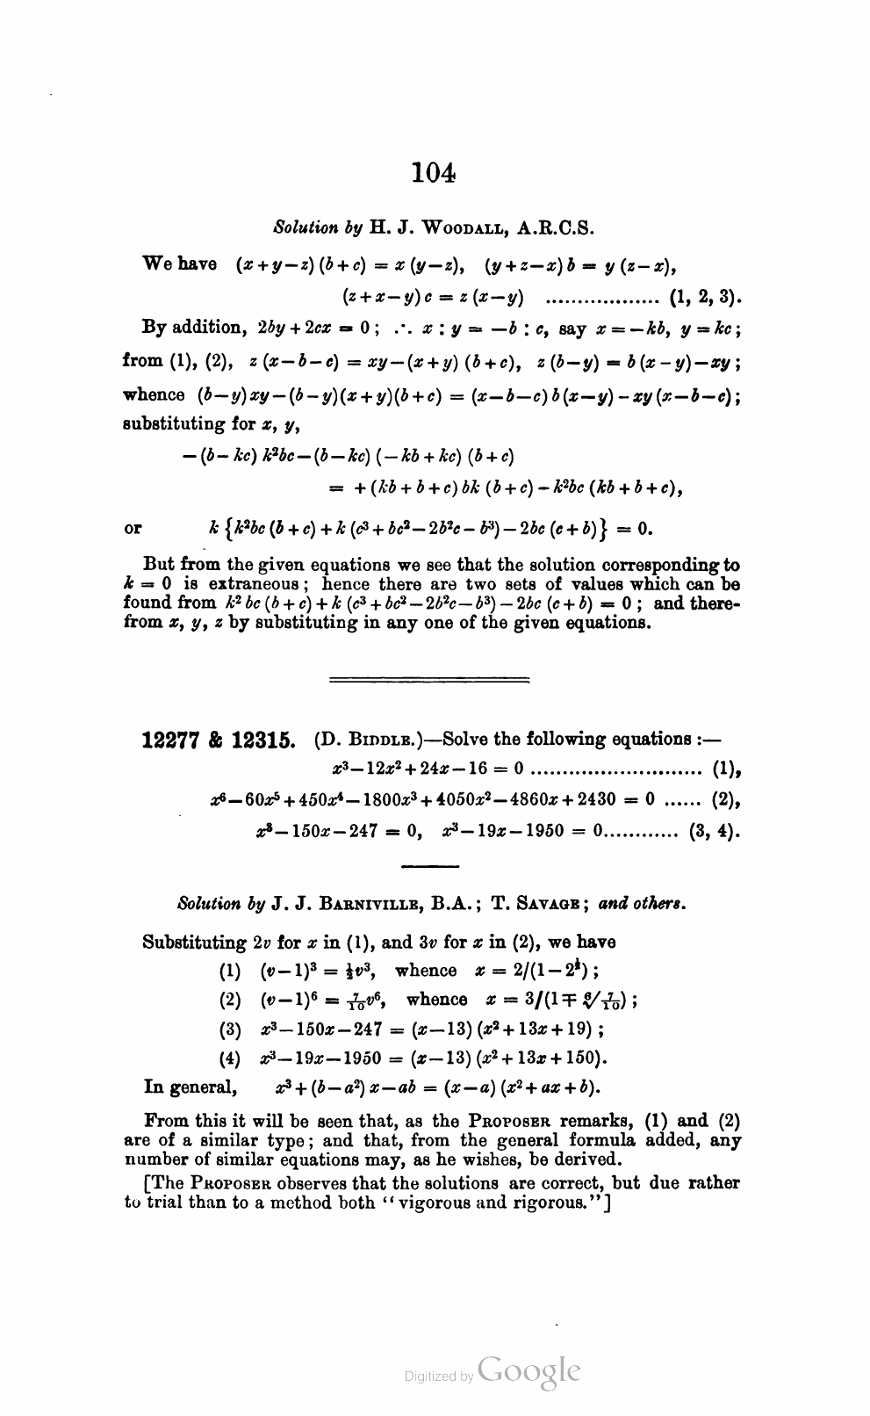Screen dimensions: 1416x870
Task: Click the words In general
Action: click(x=190, y=1087)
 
